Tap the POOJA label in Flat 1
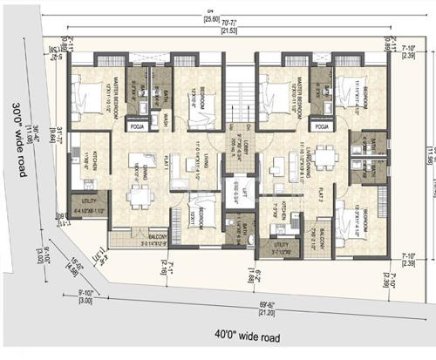click(136, 126)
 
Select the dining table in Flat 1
click(140, 196)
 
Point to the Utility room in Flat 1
click(88, 207)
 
